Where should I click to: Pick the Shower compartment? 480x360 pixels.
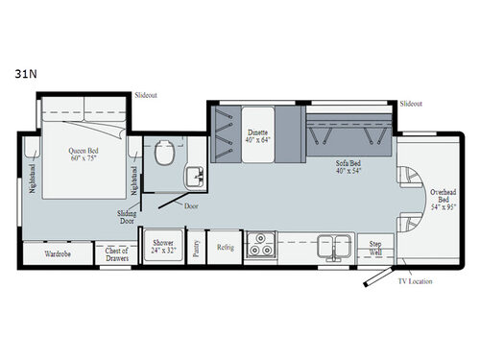162,248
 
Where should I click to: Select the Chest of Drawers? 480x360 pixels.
116,252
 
